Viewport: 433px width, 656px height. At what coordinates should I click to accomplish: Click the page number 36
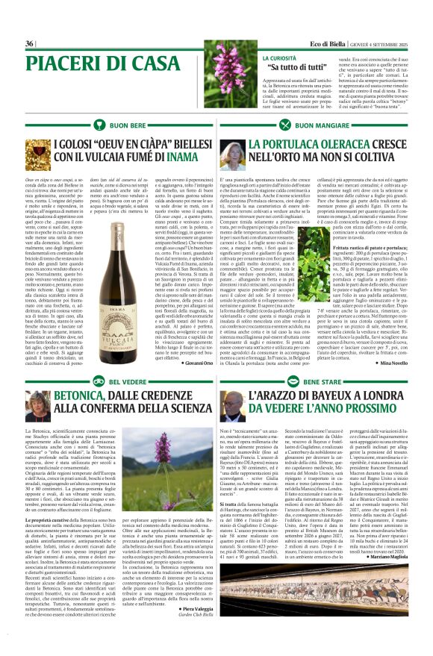tap(30, 43)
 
